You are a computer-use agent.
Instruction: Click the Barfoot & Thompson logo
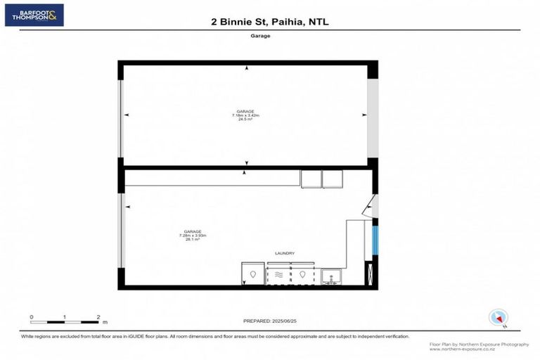pos(34,15)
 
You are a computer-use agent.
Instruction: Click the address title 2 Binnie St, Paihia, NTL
pos(270,22)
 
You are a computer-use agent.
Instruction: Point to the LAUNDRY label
pos(284,253)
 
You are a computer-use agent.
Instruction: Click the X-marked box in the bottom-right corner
pos(368,274)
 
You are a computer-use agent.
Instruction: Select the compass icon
pos(499,317)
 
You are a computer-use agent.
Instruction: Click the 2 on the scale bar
pos(98,317)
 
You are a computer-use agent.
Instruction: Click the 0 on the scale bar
pos(32,317)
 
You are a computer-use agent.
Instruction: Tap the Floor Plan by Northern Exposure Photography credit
pos(479,344)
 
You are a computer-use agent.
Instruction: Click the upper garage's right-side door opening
pos(373,116)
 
